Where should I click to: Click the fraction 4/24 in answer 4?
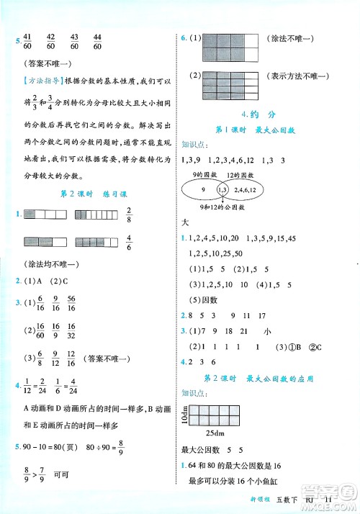coord(72,384)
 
